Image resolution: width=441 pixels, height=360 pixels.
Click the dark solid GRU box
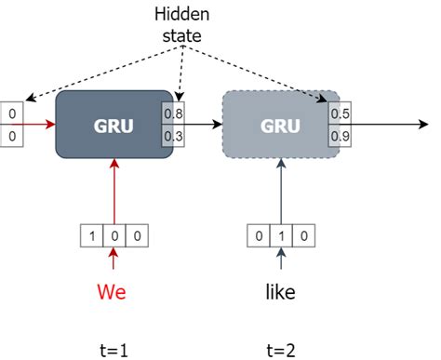pos(114,124)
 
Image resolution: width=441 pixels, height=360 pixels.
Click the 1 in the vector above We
pos(96,235)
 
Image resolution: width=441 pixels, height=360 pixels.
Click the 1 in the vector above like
pos(279,235)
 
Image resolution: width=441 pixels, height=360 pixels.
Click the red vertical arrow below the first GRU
pos(114,191)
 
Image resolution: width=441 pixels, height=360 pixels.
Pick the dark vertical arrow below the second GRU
pos(279,191)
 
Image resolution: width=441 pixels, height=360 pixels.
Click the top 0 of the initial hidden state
pos(12,114)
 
